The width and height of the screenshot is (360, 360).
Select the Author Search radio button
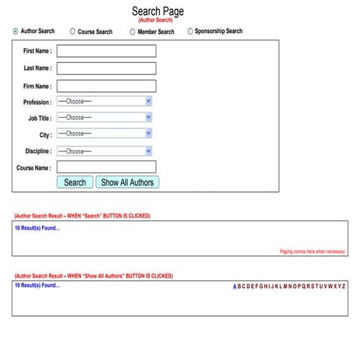16,31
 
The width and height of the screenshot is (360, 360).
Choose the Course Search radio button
73,31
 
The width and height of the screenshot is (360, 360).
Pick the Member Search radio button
133,31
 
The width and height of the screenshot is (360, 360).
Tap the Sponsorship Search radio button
190,31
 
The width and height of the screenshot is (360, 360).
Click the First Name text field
106,51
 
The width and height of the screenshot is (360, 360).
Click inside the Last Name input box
106,68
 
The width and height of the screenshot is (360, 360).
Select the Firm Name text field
106,85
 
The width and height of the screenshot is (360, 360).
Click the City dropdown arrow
148,133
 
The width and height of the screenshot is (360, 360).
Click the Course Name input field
106,167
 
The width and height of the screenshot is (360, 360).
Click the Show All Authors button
127,182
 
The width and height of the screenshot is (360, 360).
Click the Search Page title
157,11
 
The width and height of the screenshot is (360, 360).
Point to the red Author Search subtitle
156,20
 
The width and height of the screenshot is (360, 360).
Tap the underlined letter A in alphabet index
235,286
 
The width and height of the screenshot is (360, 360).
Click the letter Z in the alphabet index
343,286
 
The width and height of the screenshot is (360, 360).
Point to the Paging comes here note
312,252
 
